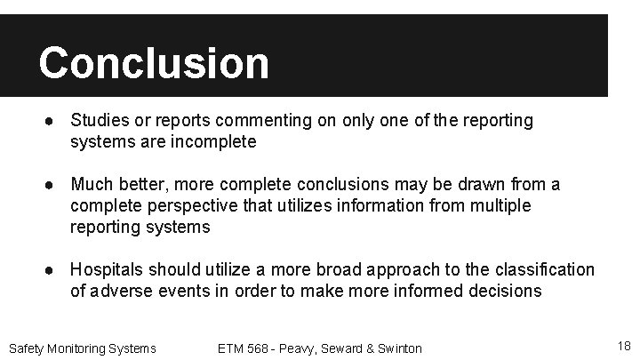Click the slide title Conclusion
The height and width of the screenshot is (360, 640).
[153, 63]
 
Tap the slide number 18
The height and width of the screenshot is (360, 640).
[623, 346]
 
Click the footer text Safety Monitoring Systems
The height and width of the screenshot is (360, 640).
[82, 348]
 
